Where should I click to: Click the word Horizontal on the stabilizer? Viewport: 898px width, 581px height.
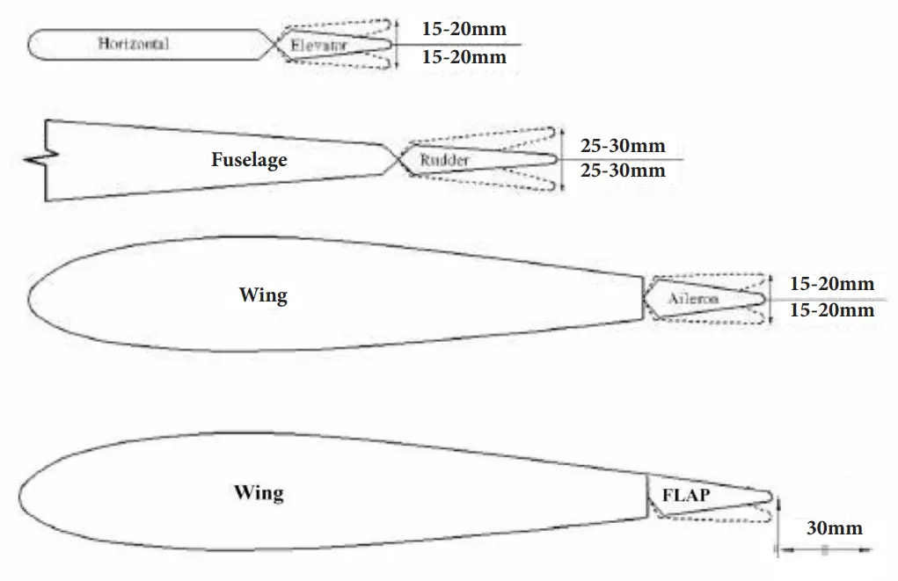click(133, 43)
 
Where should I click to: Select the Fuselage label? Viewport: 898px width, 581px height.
click(249, 160)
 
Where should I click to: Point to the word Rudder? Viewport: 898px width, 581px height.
click(444, 160)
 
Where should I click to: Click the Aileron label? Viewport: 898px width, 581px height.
click(692, 299)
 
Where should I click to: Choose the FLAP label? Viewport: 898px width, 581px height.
click(686, 495)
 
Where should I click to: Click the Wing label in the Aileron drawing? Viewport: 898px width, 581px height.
click(263, 294)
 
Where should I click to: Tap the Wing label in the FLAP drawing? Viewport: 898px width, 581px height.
click(259, 491)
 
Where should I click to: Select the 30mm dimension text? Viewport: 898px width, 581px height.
click(834, 528)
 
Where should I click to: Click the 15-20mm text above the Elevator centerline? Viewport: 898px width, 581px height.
click(464, 29)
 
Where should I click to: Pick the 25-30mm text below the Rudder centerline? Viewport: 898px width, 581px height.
click(623, 171)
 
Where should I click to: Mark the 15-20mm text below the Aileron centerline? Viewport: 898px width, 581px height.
click(831, 310)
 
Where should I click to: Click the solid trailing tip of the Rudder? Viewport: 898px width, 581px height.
click(553, 159)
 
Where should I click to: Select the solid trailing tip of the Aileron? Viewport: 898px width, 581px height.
click(762, 299)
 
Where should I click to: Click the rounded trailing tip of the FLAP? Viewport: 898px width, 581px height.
click(771, 497)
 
